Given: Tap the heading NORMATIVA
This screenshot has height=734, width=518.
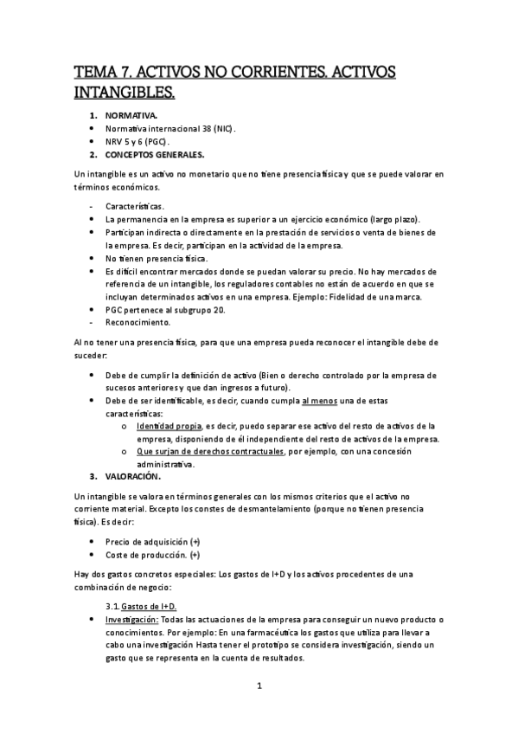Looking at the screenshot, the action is tap(131, 114).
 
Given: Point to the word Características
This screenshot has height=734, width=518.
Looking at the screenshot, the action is tap(134, 206).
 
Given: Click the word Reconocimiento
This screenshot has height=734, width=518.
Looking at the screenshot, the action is tap(137, 322).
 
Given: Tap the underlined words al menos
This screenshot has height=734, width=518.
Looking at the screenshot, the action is tap(319, 401).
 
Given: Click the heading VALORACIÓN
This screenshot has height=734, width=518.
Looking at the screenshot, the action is tap(133, 477).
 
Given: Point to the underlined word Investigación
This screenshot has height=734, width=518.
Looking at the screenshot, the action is tap(131, 621).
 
